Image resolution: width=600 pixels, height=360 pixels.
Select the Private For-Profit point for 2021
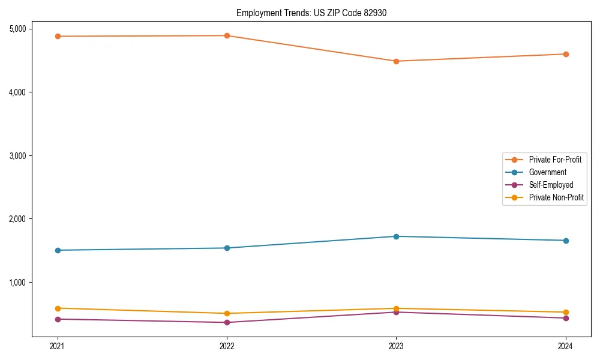(58, 37)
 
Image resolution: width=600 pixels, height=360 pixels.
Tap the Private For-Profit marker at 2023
(396, 61)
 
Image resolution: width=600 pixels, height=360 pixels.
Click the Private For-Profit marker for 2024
(566, 55)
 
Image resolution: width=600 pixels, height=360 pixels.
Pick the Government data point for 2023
(396, 236)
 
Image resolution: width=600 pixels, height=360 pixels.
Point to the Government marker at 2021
(58, 250)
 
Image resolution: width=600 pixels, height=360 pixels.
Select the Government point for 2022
(227, 248)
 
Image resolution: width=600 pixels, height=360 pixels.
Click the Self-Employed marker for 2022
(227, 323)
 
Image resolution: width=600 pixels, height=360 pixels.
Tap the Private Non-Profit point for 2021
(58, 308)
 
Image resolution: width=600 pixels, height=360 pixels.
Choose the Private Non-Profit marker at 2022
(227, 314)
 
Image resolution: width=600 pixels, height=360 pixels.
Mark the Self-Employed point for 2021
(58, 319)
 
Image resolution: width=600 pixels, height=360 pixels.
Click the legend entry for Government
(547, 172)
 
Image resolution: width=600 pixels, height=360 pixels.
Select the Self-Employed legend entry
(551, 185)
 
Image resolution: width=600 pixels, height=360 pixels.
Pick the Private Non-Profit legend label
(556, 197)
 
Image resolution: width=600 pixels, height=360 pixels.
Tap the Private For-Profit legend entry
(555, 160)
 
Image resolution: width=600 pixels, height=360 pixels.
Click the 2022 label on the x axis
(227, 346)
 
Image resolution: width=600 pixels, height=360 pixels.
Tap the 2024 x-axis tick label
(566, 346)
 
